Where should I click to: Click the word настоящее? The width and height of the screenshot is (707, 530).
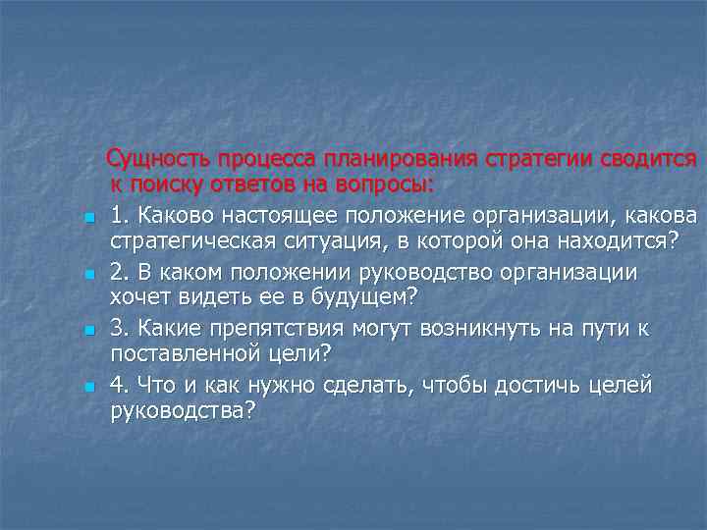(264, 215)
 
